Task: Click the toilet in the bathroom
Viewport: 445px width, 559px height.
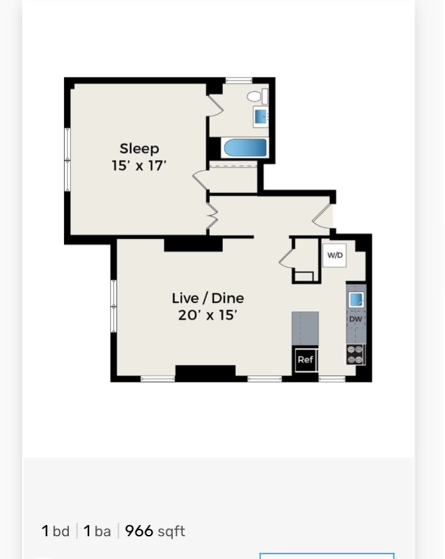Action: pyautogui.click(x=257, y=96)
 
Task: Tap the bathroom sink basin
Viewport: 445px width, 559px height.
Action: pyautogui.click(x=261, y=115)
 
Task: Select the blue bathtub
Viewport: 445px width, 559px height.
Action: pyautogui.click(x=246, y=148)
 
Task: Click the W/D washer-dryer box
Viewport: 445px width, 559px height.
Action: pyautogui.click(x=335, y=255)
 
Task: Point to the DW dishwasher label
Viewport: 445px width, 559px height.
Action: pyautogui.click(x=356, y=319)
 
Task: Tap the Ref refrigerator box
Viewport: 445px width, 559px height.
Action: pyautogui.click(x=305, y=360)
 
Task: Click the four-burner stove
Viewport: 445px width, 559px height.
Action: pyautogui.click(x=356, y=355)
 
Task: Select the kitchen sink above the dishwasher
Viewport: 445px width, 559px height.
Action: pyautogui.click(x=356, y=299)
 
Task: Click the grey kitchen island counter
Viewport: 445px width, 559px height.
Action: pyautogui.click(x=305, y=328)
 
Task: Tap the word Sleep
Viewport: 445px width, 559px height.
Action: pyautogui.click(x=139, y=148)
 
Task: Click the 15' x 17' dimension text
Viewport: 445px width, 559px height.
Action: pyautogui.click(x=139, y=166)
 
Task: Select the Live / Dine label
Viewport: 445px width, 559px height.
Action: pyautogui.click(x=208, y=298)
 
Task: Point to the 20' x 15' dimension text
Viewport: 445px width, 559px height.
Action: pyautogui.click(x=208, y=315)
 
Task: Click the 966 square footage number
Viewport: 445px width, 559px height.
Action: pyautogui.click(x=139, y=531)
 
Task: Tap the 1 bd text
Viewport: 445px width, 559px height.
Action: pyautogui.click(x=55, y=531)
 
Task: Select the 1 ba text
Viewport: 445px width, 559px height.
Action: pyautogui.click(x=97, y=531)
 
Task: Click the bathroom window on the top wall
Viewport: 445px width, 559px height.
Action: pyautogui.click(x=239, y=80)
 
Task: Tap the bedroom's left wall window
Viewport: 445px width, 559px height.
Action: pyautogui.click(x=67, y=159)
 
